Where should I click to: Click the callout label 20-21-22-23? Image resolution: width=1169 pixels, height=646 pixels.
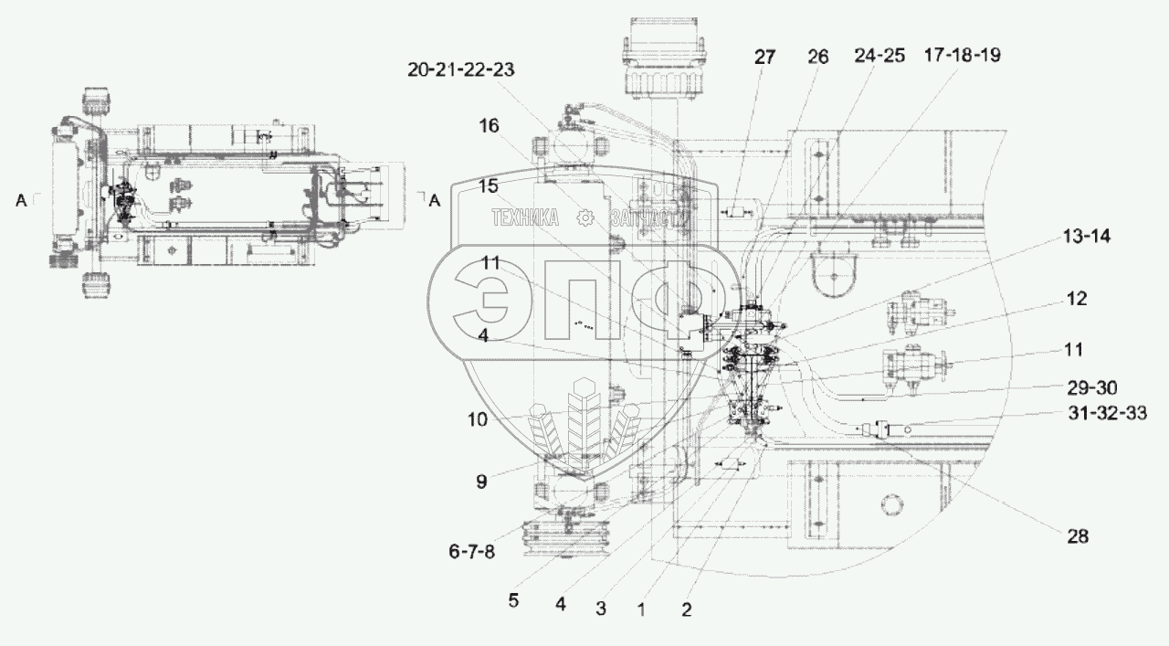click(461, 70)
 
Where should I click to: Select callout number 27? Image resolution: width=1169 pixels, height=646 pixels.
click(764, 57)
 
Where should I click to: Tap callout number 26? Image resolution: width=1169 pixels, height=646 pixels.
click(817, 57)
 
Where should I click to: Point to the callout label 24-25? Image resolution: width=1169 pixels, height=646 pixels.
click(879, 56)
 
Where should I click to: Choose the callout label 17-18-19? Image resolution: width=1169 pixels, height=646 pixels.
click(963, 56)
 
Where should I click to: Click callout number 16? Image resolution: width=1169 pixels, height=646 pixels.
click(489, 126)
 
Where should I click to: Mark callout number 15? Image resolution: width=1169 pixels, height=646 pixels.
click(488, 186)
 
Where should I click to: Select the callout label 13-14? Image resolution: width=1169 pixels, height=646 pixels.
click(1087, 237)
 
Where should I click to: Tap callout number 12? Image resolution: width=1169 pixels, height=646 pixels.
click(1076, 299)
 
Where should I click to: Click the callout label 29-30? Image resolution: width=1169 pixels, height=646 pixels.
click(1091, 388)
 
